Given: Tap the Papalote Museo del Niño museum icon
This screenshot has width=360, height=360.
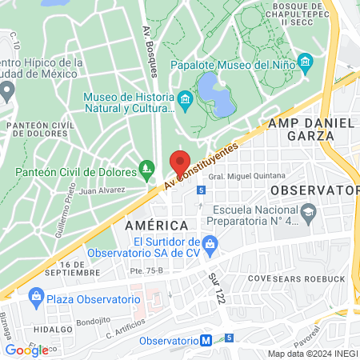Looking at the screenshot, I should (304, 62).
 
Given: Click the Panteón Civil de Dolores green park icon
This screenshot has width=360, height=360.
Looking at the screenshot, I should (146, 168).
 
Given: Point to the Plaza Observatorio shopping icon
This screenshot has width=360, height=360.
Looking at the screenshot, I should (36, 298).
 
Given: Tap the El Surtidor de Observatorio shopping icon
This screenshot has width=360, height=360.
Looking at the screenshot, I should (210, 242).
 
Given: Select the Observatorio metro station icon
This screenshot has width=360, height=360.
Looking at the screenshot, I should (206, 339).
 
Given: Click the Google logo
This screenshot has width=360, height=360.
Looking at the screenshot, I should (26, 350).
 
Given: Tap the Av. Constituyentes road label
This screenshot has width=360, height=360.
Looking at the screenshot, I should (202, 166).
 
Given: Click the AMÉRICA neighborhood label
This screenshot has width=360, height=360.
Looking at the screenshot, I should (156, 226).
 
